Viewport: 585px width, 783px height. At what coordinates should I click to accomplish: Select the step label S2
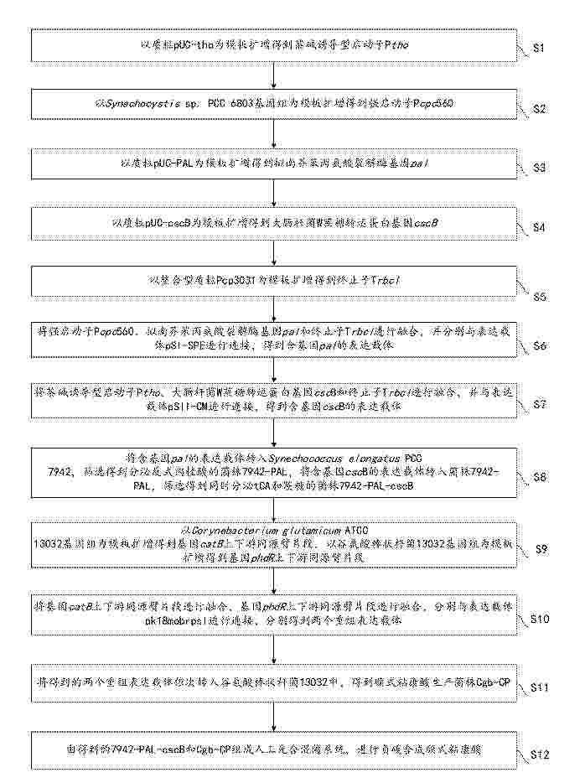[x=540, y=109]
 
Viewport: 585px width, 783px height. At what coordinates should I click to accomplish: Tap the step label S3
[x=540, y=168]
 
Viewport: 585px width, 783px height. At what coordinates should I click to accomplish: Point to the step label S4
[x=540, y=227]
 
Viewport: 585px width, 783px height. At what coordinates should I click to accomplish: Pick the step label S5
[x=540, y=296]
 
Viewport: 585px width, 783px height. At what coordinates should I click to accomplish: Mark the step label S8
[x=540, y=477]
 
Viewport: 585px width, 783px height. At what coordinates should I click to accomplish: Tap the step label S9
[x=540, y=548]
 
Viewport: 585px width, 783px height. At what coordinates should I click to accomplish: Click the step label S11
[x=540, y=687]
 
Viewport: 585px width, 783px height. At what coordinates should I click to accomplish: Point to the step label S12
[x=540, y=755]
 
